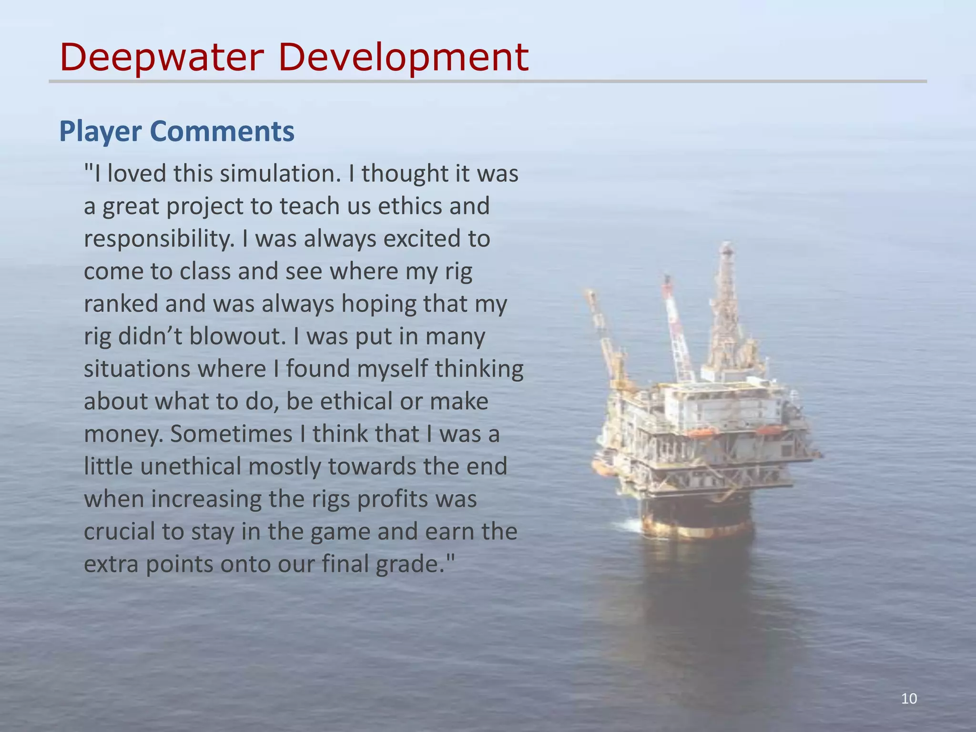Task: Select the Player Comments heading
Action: (x=177, y=132)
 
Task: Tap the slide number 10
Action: (x=909, y=699)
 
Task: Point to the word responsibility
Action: (x=159, y=239)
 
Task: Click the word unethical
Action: (x=191, y=466)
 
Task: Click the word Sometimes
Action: (x=231, y=434)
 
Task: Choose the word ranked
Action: (x=121, y=304)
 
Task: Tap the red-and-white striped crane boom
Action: (x=677, y=329)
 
